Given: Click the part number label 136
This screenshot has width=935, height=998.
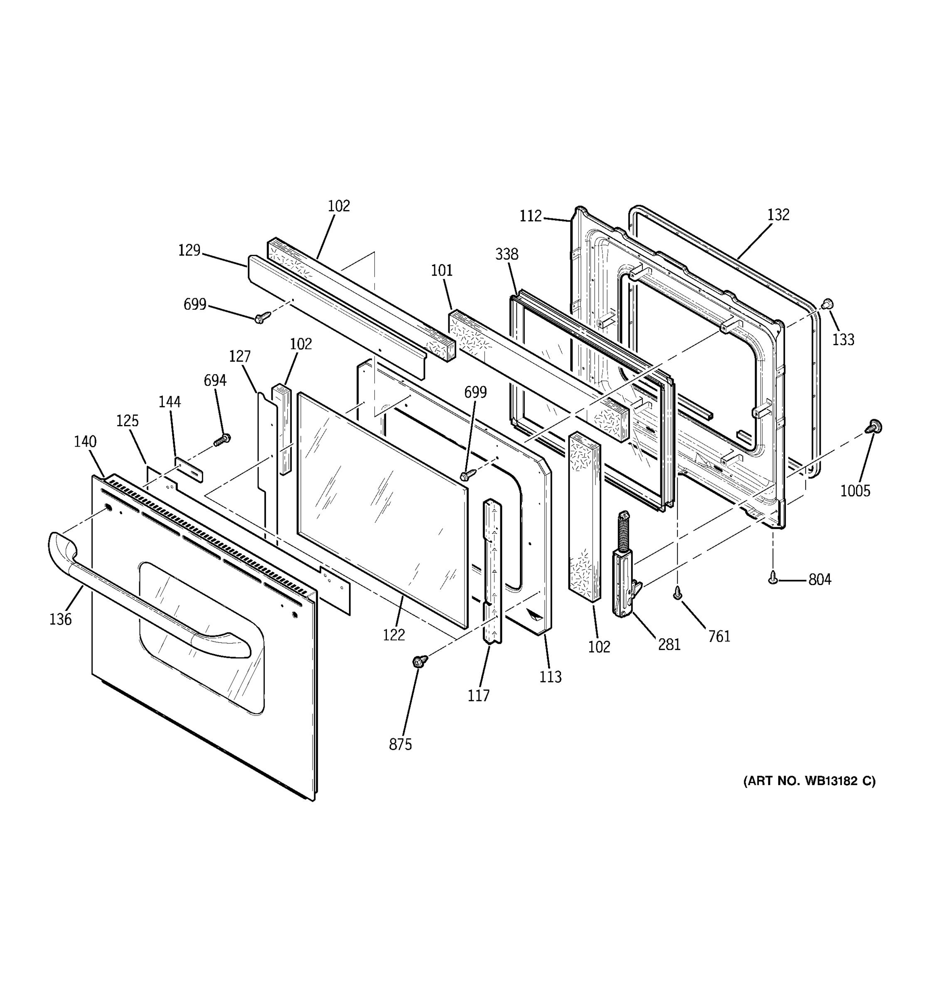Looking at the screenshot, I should [x=60, y=620].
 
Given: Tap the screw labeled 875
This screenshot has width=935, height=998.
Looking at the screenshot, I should [x=420, y=661].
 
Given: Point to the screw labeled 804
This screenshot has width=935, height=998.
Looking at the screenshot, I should [x=773, y=579].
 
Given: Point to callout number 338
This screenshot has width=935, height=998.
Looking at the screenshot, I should [x=507, y=254].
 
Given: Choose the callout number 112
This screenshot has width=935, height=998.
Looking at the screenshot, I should [x=530, y=216].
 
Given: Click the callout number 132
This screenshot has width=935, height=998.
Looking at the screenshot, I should [x=778, y=215].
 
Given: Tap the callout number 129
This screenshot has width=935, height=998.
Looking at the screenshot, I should [x=189, y=250].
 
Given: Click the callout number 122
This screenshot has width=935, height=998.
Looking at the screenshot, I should [x=394, y=635].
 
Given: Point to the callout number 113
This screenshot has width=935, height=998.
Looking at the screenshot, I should [x=550, y=677].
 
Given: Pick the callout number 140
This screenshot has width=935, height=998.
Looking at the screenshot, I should [x=85, y=442].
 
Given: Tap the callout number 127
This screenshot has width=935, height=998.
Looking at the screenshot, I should [x=240, y=356].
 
